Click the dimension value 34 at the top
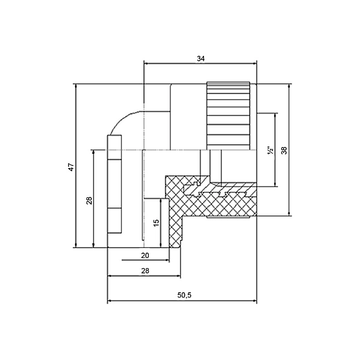(200, 59)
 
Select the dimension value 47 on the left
(71, 167)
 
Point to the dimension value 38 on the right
(284, 151)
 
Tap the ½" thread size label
(271, 150)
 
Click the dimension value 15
(156, 223)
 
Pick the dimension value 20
(145, 256)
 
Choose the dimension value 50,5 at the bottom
(184, 295)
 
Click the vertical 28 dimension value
(89, 200)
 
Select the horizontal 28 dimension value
(145, 271)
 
